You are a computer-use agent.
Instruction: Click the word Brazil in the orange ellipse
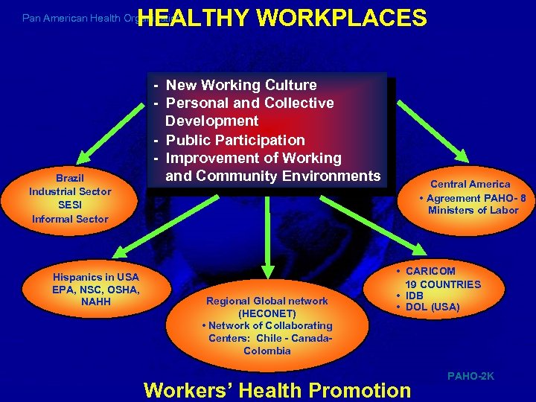[70, 178]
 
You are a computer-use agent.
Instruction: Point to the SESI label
[70, 205]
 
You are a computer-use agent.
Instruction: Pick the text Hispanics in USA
[95, 277]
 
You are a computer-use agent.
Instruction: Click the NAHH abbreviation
[95, 301]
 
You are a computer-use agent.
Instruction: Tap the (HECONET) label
[267, 313]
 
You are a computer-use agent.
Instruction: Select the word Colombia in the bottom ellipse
[267, 351]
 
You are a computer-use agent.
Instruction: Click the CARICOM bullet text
[430, 271]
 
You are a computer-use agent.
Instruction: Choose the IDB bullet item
[414, 296]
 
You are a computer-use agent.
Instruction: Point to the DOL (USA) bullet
[432, 307]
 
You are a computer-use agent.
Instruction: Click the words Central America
[470, 184]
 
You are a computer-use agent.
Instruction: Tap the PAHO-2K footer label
[470, 377]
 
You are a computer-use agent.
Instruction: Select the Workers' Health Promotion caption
[277, 389]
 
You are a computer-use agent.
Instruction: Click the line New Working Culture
[241, 85]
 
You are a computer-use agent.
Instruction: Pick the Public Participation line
[234, 139]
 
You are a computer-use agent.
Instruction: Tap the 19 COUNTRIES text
[443, 284]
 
